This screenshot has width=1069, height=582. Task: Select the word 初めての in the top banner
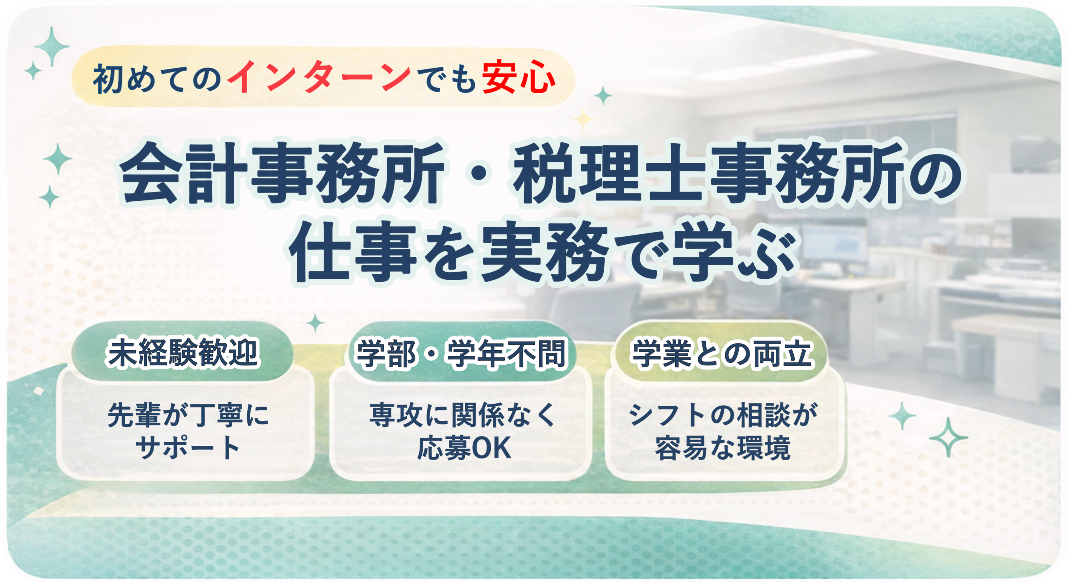coord(157,78)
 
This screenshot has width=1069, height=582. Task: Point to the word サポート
coord(187,448)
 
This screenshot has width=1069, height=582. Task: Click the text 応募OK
coord(464,448)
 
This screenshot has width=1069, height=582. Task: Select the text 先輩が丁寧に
coord(188,415)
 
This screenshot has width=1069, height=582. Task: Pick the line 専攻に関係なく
coord(462,415)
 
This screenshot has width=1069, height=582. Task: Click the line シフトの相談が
coord(723,415)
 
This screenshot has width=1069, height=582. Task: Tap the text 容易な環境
coord(723,448)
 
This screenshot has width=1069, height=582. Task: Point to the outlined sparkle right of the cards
coord(948,437)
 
